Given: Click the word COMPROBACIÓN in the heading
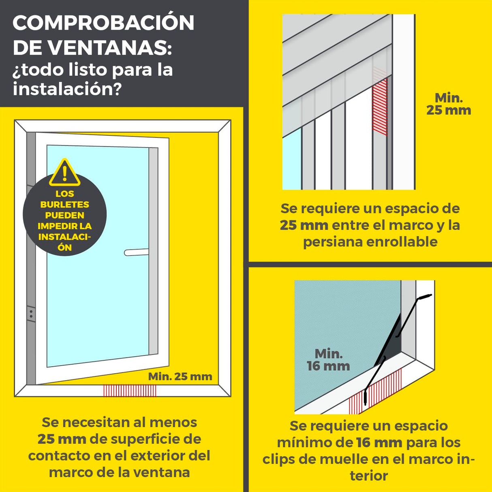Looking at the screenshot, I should pos(103,23).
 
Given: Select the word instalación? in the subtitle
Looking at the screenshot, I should pos(67,88).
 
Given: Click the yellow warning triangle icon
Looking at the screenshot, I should pos(64,173).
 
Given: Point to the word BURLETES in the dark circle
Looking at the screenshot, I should pos(64,205).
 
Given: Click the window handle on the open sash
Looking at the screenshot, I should pos(136,252).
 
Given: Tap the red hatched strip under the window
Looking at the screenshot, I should pos(130,391).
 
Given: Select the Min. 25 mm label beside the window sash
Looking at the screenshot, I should pos(180,376).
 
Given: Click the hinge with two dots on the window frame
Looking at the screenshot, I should pos(31,313).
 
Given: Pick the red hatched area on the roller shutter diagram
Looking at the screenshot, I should pos(380,106).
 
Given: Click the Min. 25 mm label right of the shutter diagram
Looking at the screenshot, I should pos(449,104).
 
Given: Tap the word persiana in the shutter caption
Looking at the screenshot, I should pos(333,242).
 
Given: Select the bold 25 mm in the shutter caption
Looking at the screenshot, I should pos(304,225).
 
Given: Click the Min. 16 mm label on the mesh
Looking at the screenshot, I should pos(328,360).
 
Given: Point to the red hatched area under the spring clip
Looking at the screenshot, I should pos(377,389).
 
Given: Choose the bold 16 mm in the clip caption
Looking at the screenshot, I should pos(379,443).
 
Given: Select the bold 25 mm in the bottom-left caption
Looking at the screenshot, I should pos(62,439).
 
